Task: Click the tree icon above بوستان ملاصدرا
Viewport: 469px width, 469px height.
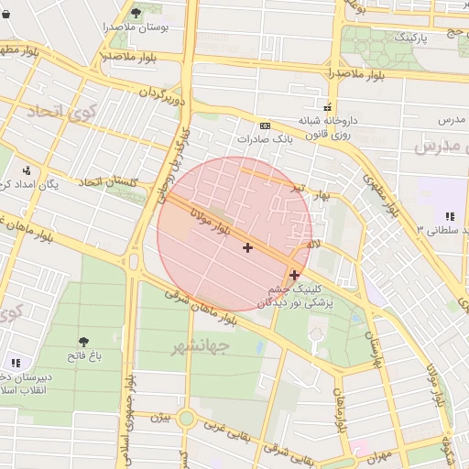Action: tap(136, 13)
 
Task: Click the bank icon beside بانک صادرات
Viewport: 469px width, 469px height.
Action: tap(266, 125)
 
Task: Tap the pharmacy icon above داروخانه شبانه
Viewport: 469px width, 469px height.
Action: tap(327, 105)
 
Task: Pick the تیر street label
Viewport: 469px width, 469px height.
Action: tap(298, 187)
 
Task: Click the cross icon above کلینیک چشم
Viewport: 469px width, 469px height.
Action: tap(294, 274)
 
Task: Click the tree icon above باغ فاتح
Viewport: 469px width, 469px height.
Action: tap(83, 340)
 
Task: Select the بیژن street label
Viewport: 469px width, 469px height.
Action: tap(160, 418)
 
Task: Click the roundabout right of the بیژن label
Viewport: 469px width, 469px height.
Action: tap(187, 418)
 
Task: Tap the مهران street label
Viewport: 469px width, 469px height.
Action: tap(376, 453)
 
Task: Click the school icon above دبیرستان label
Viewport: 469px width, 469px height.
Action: tap(15, 364)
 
